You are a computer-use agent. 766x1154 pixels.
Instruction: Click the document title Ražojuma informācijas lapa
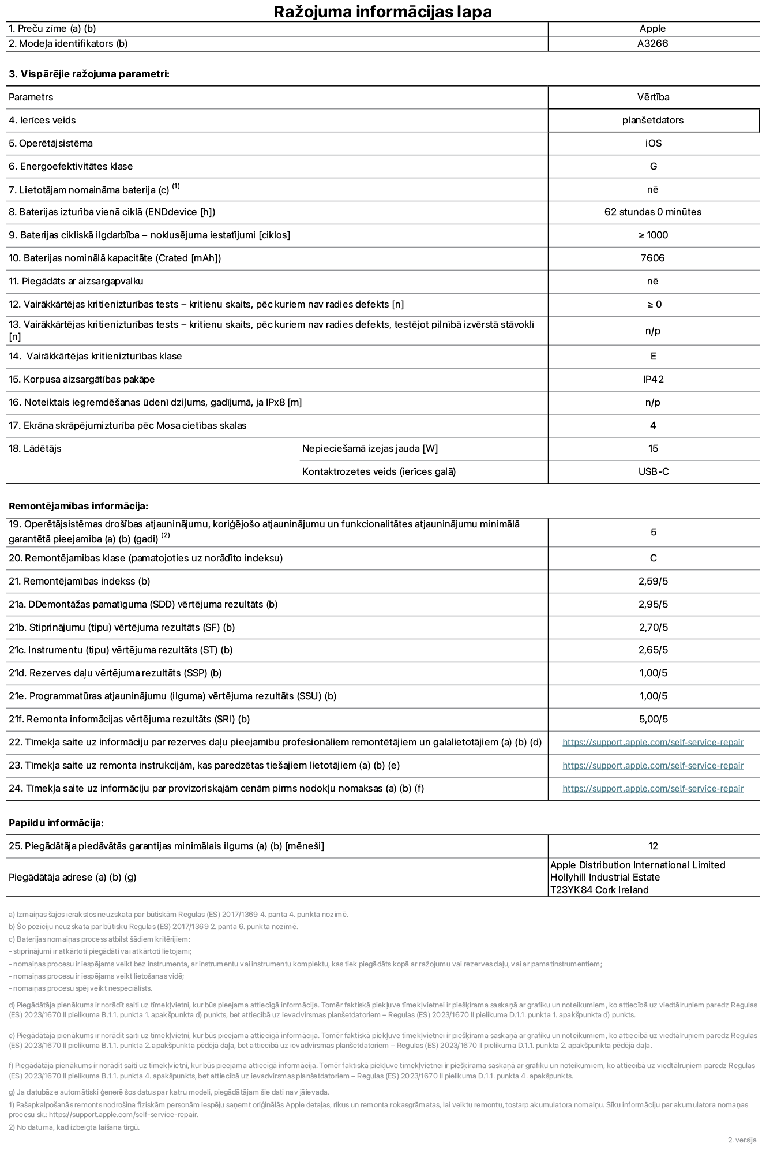tap(382, 12)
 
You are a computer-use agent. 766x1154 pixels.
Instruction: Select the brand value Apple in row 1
tap(652, 28)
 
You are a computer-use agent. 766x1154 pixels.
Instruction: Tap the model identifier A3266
tap(652, 43)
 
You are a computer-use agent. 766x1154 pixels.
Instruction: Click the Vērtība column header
tap(653, 97)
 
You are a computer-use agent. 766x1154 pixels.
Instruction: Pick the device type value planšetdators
tap(653, 120)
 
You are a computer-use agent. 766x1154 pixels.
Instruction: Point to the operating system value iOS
tap(653, 143)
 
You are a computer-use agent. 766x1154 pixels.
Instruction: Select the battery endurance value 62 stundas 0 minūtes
tap(653, 212)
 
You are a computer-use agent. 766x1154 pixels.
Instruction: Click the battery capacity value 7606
tap(652, 258)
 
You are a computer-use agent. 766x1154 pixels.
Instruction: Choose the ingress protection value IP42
tap(653, 379)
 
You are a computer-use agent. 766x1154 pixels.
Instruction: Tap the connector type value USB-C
tap(653, 471)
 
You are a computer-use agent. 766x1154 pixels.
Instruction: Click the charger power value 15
tap(653, 448)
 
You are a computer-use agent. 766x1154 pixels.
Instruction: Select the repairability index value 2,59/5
tap(653, 581)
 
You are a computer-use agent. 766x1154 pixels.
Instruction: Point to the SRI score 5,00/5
tap(653, 719)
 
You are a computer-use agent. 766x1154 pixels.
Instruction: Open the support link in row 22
tap(653, 742)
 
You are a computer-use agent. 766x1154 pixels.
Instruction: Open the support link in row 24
tap(653, 788)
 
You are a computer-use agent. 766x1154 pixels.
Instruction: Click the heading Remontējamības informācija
tap(78, 506)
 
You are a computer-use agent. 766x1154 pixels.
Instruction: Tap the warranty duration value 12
tap(653, 846)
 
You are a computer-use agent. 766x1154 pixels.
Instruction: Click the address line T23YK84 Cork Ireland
tap(599, 890)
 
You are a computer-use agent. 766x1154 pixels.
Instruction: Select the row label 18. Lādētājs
tap(35, 448)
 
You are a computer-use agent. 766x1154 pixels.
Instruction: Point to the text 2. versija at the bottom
tap(742, 1140)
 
